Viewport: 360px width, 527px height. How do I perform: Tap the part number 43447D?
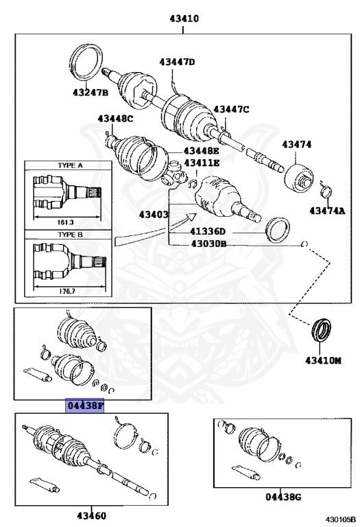(178, 62)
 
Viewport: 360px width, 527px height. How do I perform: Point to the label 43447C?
(231, 109)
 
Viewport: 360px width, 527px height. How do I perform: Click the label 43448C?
(115, 119)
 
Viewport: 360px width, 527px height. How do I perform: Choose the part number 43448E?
(201, 151)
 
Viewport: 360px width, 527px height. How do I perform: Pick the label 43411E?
(201, 163)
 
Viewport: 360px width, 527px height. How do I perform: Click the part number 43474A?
(326, 210)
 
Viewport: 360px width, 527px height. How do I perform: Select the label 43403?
(154, 215)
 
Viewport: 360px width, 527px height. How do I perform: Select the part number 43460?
(91, 515)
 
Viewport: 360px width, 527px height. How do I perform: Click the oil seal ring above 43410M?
(322, 330)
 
